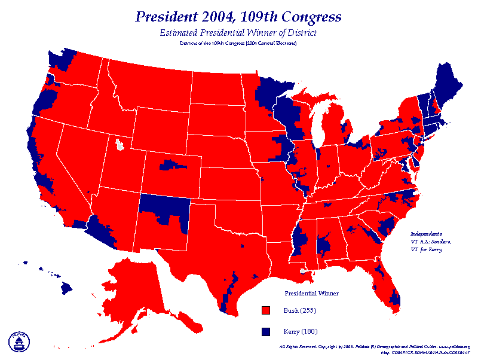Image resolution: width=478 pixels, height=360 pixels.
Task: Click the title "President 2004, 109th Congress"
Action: pyautogui.click(x=238, y=16)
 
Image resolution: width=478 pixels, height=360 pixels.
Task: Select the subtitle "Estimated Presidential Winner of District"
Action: pyautogui.click(x=238, y=32)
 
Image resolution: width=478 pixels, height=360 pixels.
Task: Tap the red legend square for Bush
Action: pyautogui.click(x=266, y=310)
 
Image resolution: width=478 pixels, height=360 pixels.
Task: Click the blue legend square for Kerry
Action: pyautogui.click(x=266, y=331)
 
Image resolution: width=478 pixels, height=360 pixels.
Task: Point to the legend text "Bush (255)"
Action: pyautogui.click(x=300, y=310)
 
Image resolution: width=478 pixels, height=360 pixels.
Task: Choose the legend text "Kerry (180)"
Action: pyautogui.click(x=301, y=331)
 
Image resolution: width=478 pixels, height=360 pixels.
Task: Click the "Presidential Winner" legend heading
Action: pyautogui.click(x=311, y=293)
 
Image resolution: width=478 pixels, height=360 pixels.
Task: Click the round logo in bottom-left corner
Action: pyautogui.click(x=19, y=341)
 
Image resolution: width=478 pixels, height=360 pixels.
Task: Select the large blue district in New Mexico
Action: pyautogui.click(x=164, y=208)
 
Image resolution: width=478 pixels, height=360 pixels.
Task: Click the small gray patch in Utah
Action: pyautogui.click(x=121, y=144)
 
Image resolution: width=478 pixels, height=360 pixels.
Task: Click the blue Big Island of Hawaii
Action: pyautogui.click(x=65, y=288)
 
